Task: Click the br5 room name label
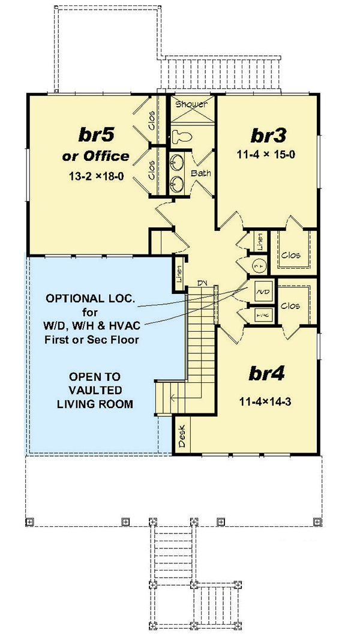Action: (x=95, y=133)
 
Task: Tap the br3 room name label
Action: (x=266, y=133)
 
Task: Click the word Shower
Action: (x=191, y=104)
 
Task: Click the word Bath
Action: (x=200, y=173)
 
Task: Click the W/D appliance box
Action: (x=262, y=290)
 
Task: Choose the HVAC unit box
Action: (x=262, y=313)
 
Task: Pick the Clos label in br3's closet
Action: (x=290, y=254)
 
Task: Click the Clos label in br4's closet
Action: (x=290, y=305)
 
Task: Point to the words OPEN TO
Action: (x=94, y=377)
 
